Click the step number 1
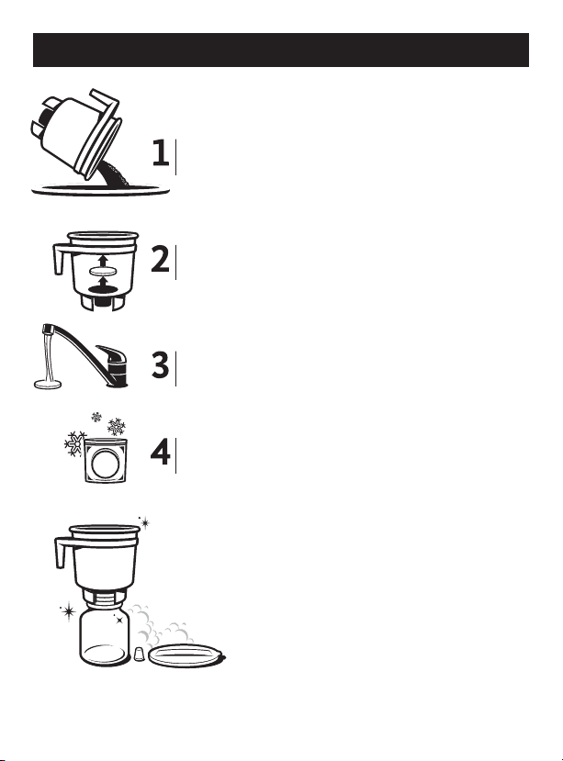pos(161,152)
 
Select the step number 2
pos(160,259)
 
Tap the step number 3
pos(160,364)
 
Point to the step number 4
pos(160,452)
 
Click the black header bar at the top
pos(281,50)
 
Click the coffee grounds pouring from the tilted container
pos(113,174)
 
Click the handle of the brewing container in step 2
pos(61,258)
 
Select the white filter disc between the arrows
pos(103,272)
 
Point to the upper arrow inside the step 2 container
pos(103,260)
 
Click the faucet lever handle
pos(111,354)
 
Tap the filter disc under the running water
pos(48,385)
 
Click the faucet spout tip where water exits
pos(47,330)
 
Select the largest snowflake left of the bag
pos(75,442)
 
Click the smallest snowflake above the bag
pos(96,417)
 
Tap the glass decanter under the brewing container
pos(105,634)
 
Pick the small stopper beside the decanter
pos(139,654)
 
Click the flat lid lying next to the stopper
pos(186,655)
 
